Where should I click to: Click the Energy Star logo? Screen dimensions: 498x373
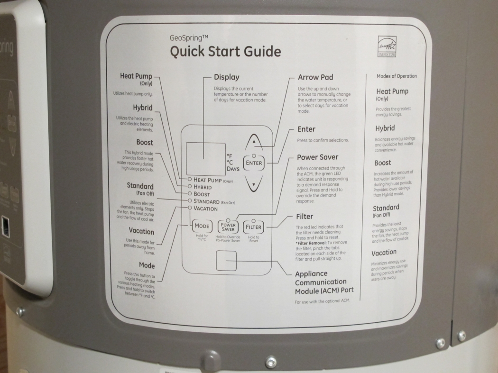pyautogui.click(x=387, y=46)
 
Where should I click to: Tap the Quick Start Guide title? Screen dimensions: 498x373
pyautogui.click(x=225, y=52)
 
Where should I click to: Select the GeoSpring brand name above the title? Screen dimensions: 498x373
pyautogui.click(x=189, y=38)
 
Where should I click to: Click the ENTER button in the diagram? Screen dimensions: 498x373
pyautogui.click(x=254, y=163)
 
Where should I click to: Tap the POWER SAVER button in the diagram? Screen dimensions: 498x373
pyautogui.click(x=228, y=227)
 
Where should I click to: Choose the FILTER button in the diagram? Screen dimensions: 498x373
pyautogui.click(x=253, y=227)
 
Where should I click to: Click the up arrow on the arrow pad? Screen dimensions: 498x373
pyautogui.click(x=254, y=142)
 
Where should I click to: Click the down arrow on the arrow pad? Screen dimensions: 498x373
pyautogui.click(x=254, y=184)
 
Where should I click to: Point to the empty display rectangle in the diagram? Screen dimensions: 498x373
pyautogui.click(x=205, y=159)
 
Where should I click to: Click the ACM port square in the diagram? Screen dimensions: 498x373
pyautogui.click(x=226, y=261)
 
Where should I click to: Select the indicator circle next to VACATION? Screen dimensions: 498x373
pyautogui.click(x=190, y=208)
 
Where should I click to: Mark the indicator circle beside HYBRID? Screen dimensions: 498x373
pyautogui.click(x=190, y=186)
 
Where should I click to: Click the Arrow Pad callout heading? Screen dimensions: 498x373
pyautogui.click(x=315, y=77)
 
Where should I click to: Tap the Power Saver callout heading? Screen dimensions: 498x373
pyautogui.click(x=318, y=157)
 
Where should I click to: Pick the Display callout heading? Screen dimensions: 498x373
pyautogui.click(x=226, y=77)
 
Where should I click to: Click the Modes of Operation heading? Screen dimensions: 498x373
pyautogui.click(x=397, y=76)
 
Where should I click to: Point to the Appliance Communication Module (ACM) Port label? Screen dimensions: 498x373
pyautogui.click(x=324, y=282)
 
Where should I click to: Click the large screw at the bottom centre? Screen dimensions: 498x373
pyautogui.click(x=271, y=361)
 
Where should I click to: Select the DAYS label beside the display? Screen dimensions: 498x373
pyautogui.click(x=233, y=169)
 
